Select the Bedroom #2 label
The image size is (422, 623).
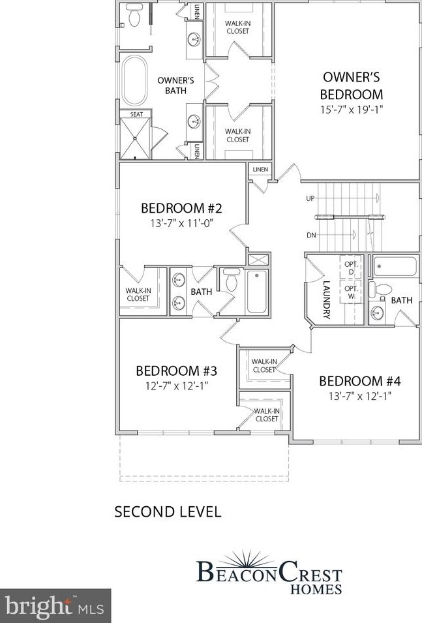tap(182, 209)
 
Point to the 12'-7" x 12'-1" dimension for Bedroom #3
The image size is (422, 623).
tap(176, 386)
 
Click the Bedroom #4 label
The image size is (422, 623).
tap(359, 381)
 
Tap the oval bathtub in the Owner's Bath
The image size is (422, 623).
tap(135, 80)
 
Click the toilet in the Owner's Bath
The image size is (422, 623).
tap(135, 16)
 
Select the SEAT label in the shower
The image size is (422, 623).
tap(136, 114)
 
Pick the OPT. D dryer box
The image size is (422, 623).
tap(351, 267)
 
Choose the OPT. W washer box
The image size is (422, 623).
tap(351, 291)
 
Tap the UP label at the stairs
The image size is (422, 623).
tap(311, 198)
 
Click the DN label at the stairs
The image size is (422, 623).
tap(311, 236)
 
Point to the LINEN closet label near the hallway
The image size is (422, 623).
tap(260, 170)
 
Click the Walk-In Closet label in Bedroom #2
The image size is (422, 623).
tap(138, 295)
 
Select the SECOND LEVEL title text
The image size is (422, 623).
tap(168, 511)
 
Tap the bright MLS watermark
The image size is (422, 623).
tap(55, 606)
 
